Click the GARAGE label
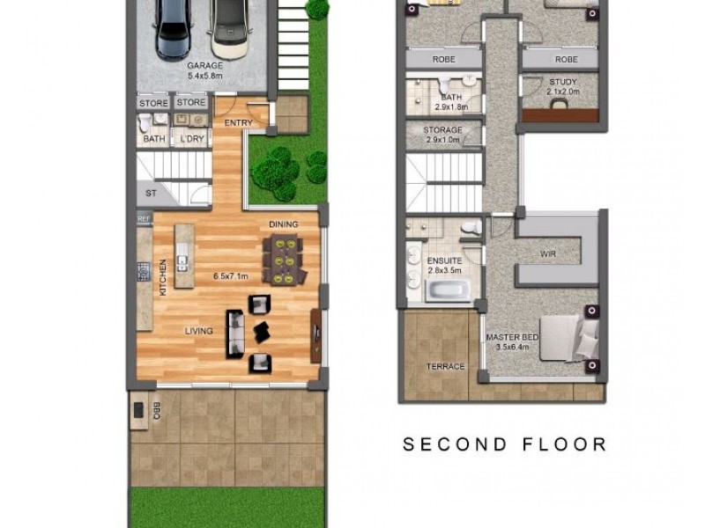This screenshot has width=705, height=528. [204, 65]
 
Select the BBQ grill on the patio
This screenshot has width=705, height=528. [139, 410]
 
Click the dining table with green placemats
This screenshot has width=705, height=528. [283, 260]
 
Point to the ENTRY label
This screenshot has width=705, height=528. [239, 122]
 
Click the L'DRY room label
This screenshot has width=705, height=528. [191, 139]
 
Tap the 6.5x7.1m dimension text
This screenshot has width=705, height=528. [231, 276]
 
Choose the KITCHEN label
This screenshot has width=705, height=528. [162, 276]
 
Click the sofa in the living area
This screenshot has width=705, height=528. [235, 333]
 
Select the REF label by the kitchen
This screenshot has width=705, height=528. [143, 217]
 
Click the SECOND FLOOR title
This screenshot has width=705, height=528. [505, 444]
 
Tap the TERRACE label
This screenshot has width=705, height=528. [445, 366]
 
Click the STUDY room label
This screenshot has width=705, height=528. [559, 83]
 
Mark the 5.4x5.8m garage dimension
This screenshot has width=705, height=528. [204, 77]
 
